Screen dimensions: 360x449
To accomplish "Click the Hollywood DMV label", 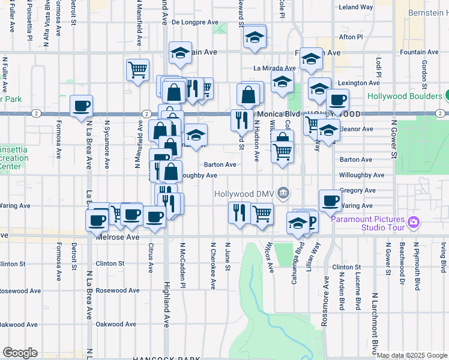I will point(244,193).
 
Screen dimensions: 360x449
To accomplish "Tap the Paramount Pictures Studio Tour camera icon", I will point(412,223).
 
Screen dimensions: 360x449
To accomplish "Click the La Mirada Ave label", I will point(274,68).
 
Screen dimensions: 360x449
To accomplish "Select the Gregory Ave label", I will point(357,190).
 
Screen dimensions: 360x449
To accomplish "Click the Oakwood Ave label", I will point(19,325).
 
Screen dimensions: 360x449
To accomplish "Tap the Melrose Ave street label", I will point(117,237).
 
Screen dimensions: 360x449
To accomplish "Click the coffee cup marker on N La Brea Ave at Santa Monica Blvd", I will point(82,106).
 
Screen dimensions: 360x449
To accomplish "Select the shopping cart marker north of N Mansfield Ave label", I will point(138,69).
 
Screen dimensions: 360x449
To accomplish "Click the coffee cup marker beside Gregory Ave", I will point(330,200).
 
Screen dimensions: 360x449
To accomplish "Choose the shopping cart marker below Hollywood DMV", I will point(262,212).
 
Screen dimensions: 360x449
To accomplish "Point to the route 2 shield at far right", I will point(441,113).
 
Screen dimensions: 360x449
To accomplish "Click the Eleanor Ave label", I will point(357,128).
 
